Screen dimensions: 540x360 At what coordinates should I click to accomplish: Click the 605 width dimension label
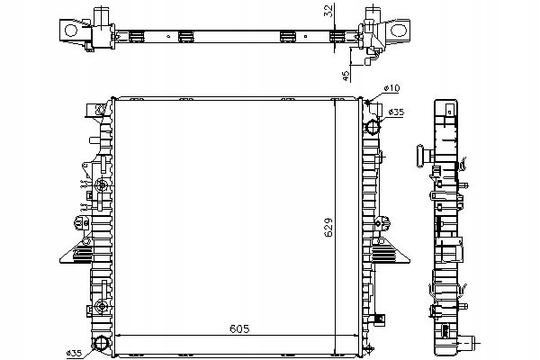click(239, 329)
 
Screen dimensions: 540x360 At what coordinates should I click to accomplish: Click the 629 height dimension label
click(328, 227)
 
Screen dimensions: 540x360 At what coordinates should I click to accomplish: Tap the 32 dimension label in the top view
click(329, 10)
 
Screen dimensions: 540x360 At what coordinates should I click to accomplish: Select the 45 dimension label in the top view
click(346, 74)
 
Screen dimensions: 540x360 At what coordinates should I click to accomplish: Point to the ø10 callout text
click(391, 88)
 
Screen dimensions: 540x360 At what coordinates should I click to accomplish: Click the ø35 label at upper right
click(396, 112)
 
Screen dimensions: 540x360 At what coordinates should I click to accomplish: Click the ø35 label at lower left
click(74, 353)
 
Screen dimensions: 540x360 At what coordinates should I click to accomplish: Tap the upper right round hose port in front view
click(373, 127)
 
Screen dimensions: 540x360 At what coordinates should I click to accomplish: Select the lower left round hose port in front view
click(101, 342)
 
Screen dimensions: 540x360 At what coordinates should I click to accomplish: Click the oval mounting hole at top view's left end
click(71, 31)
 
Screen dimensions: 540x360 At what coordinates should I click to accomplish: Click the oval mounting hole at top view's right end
click(399, 31)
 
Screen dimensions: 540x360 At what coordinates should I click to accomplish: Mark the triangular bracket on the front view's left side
click(76, 251)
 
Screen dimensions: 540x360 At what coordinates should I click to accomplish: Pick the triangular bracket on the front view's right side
click(391, 251)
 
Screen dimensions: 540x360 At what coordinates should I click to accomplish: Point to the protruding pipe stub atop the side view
click(422, 156)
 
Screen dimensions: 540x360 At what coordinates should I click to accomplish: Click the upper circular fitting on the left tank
click(102, 185)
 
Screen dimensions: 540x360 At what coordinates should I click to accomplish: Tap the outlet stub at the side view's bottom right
click(468, 342)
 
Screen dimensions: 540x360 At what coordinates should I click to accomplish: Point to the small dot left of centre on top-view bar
click(168, 36)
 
